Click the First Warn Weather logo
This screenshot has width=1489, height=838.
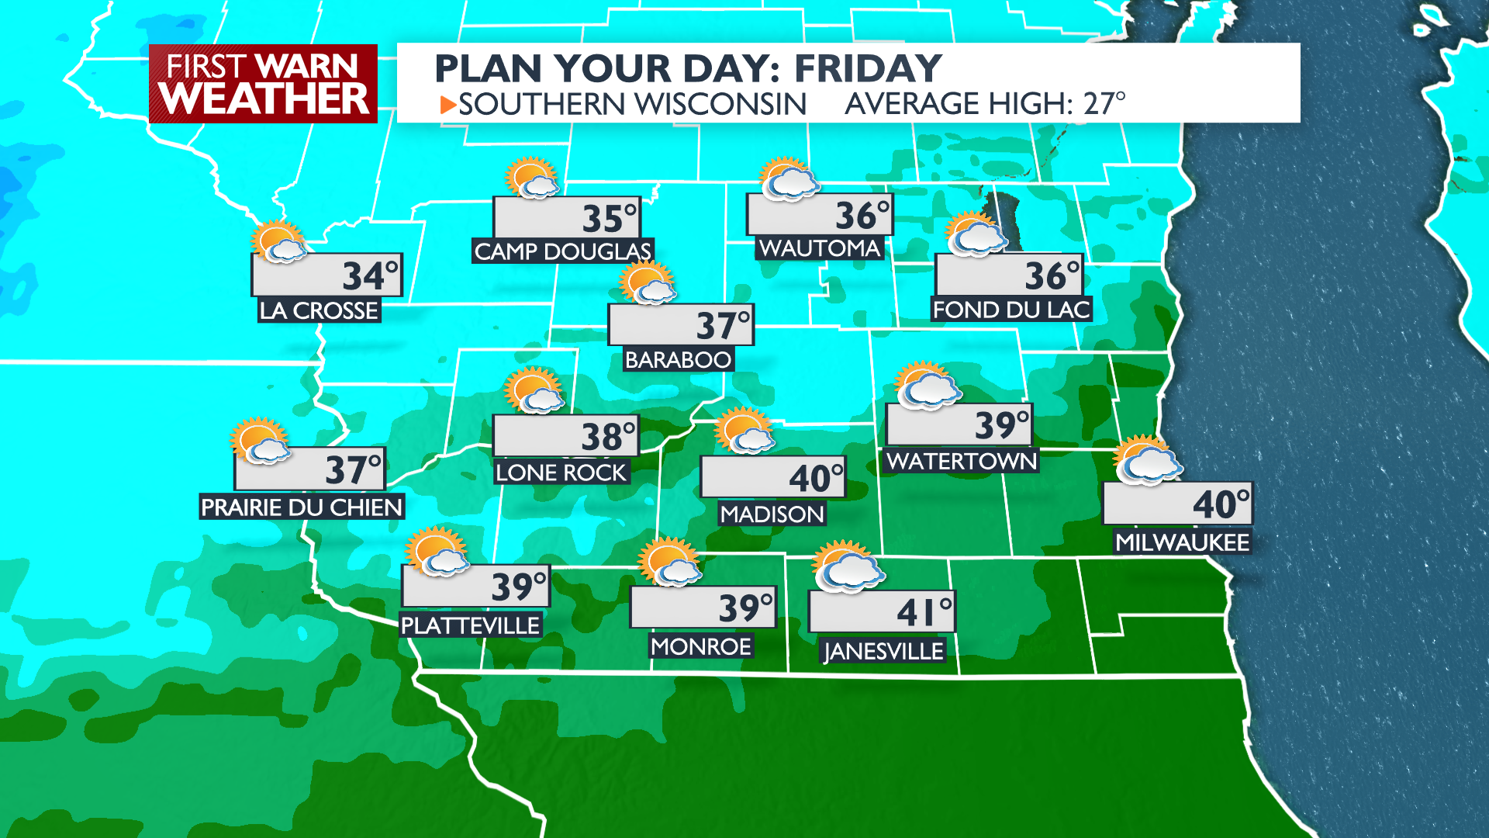[x=263, y=84]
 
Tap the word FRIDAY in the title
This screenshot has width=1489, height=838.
[x=868, y=68]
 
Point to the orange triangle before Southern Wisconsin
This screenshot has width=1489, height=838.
[x=447, y=105]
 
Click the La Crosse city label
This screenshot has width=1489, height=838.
[x=319, y=310]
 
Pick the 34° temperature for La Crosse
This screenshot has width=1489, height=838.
[x=370, y=276]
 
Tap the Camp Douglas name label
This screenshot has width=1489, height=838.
[x=562, y=251]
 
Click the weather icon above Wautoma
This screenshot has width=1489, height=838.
[x=789, y=179]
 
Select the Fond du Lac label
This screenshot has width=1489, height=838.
[x=1011, y=310]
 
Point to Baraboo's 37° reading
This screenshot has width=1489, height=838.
[x=723, y=325]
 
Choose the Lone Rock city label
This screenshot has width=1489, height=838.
[x=561, y=473]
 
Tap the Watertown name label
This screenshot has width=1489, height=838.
[x=962, y=461]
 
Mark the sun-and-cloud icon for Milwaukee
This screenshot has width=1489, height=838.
[x=1146, y=461]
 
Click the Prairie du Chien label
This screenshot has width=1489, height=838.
[x=302, y=507]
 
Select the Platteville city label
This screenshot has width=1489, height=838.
[x=470, y=625]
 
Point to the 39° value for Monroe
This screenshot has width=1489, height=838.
[x=745, y=608]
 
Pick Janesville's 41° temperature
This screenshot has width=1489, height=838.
[x=924, y=612]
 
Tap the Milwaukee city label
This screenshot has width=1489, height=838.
[x=1182, y=542]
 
